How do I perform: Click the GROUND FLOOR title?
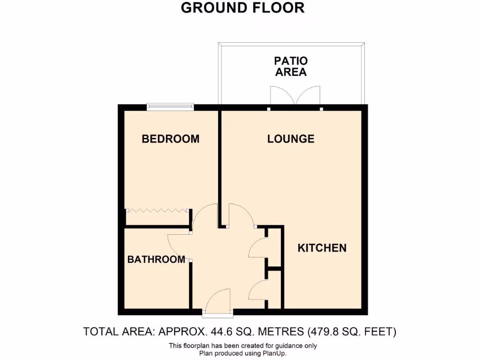pyautogui.click(x=242, y=8)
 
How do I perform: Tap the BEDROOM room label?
pyautogui.click(x=171, y=139)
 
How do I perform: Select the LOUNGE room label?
pyautogui.click(x=291, y=139)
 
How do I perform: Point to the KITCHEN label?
pyautogui.click(x=322, y=248)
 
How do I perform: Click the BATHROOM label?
pyautogui.click(x=156, y=259)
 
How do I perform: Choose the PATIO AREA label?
pyautogui.click(x=291, y=66)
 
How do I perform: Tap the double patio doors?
pyautogui.click(x=295, y=96)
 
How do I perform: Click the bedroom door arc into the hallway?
pyautogui.click(x=203, y=216)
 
